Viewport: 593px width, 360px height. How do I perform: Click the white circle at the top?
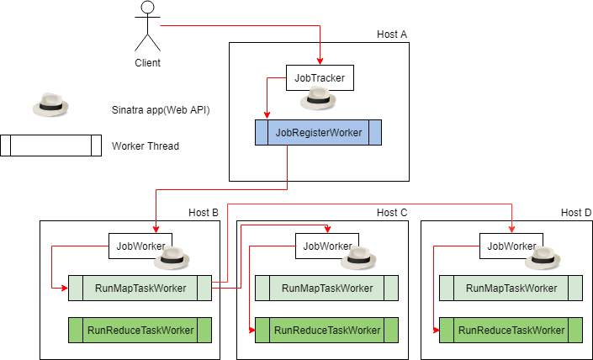point(148,8)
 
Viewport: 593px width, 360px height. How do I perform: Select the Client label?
point(147,63)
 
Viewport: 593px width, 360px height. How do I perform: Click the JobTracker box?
point(319,78)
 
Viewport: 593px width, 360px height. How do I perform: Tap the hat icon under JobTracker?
point(320,99)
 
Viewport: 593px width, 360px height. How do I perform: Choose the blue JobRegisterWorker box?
point(318,133)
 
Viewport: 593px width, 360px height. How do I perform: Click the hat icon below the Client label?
point(50,105)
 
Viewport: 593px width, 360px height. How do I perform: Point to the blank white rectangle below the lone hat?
point(50,146)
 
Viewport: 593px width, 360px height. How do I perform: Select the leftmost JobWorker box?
point(140,246)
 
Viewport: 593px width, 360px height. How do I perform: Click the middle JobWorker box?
point(327,246)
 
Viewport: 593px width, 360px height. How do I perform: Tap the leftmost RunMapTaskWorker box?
point(140,288)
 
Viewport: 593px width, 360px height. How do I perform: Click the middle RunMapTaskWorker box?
point(326,288)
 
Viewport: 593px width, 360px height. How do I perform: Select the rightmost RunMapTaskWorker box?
point(511,288)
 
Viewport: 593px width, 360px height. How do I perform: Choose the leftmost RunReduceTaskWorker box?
point(140,330)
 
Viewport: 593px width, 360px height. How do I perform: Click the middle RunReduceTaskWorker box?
point(326,330)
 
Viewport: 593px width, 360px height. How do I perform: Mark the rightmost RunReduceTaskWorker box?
point(511,330)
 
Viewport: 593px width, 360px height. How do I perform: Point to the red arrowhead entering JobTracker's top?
point(320,61)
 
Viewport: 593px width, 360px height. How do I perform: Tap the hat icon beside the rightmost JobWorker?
point(543,258)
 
